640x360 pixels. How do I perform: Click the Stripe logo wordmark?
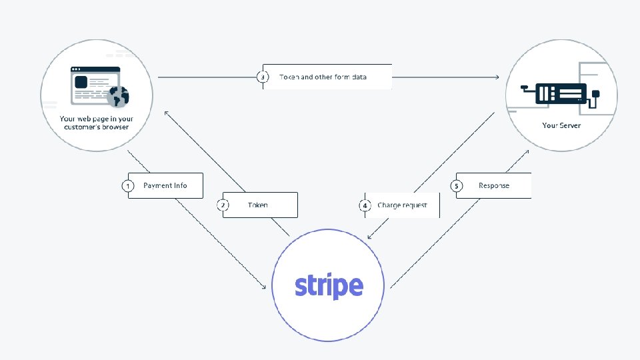(329, 285)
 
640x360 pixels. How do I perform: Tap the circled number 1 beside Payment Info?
(127, 185)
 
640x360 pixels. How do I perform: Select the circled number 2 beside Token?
(223, 205)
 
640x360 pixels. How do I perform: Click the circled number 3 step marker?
(263, 77)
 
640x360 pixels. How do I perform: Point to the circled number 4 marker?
(365, 205)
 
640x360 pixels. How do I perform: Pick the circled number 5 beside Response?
(457, 185)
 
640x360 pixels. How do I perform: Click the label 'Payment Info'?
(165, 185)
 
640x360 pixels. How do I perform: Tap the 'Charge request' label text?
(402, 205)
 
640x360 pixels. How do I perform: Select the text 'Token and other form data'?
(323, 77)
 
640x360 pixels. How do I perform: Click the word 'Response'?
(494, 185)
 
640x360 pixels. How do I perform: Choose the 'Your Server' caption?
(561, 125)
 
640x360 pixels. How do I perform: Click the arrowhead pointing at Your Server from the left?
(497, 77)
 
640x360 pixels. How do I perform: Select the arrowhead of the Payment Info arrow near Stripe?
(264, 287)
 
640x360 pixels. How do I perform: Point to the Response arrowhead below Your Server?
(527, 151)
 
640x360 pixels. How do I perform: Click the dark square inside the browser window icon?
(81, 82)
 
